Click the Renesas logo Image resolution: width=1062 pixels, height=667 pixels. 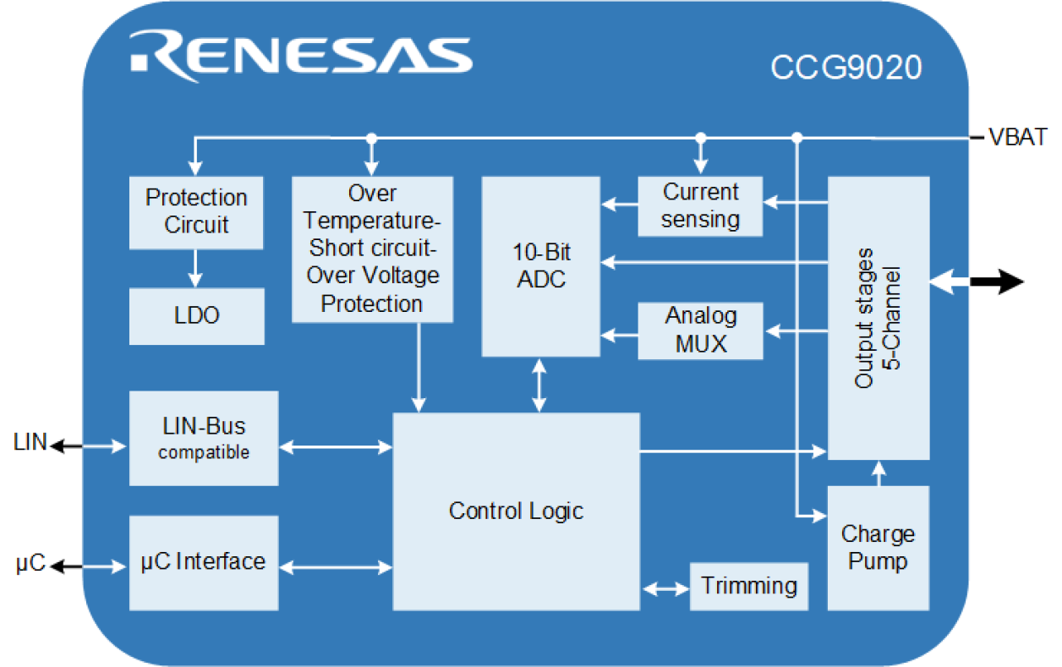[301, 52]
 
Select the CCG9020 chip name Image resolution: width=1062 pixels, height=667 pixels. [845, 68]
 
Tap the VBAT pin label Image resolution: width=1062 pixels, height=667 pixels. [1018, 137]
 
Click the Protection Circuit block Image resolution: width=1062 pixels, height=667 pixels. [196, 211]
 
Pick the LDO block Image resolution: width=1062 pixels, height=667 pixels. [196, 315]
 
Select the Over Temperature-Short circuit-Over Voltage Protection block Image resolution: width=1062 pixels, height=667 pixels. [372, 249]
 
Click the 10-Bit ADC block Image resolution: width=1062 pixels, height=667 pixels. [540, 265]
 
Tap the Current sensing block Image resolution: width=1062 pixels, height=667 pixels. [700, 205]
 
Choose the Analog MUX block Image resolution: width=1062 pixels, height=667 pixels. [700, 331]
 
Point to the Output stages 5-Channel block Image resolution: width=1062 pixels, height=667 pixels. [879, 318]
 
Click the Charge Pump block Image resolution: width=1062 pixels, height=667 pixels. [878, 547]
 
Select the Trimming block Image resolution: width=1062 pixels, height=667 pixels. [749, 586]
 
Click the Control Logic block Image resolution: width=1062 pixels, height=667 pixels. [516, 511]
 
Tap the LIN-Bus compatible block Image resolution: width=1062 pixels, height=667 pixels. [204, 438]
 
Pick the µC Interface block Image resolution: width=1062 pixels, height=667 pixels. [204, 561]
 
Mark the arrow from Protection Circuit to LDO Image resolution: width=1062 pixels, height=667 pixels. [195, 268]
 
